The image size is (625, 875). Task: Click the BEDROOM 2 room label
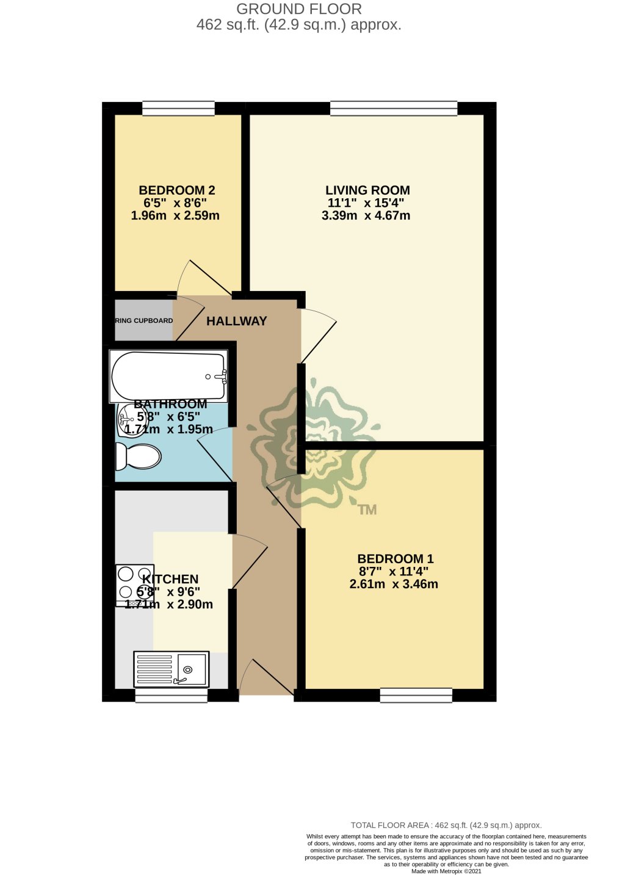177,190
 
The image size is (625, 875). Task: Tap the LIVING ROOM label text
367,190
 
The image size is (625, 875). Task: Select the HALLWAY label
237,321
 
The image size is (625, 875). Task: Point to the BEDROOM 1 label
396,559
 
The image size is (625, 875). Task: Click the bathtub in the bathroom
169,376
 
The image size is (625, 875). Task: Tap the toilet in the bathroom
139,456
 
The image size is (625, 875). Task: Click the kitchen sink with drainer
172,669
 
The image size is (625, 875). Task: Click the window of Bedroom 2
178,109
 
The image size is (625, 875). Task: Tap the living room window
394,109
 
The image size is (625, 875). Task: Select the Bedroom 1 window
416,695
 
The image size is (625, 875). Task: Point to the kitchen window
171,695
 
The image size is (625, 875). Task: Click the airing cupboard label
144,321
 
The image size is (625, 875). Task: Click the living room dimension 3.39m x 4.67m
366,215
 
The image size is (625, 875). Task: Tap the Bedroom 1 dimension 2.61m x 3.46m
394,584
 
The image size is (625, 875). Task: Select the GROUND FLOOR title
299,9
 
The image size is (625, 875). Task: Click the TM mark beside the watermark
367,510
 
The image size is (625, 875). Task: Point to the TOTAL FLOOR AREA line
446,825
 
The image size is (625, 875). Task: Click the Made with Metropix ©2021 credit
446,871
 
